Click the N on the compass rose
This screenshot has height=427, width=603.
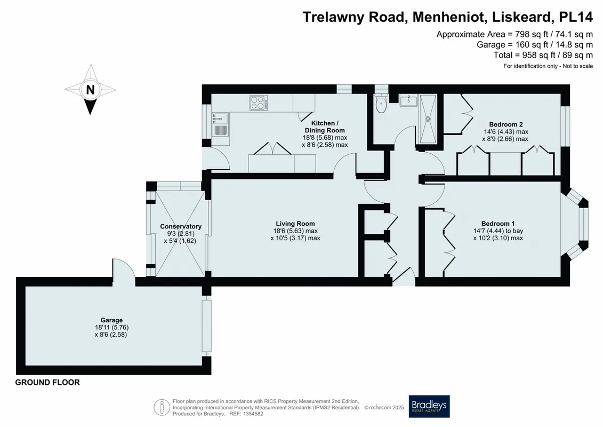[91, 90]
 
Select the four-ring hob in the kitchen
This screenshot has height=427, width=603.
[259, 103]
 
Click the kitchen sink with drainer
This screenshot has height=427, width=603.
[221, 124]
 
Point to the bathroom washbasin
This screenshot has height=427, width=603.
[408, 101]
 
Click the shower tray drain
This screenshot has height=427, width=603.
[428, 119]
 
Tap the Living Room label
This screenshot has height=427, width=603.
[295, 223]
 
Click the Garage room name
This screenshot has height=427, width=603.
[111, 320]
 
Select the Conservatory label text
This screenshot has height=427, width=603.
[181, 226]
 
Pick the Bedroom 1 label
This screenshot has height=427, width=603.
[498, 223]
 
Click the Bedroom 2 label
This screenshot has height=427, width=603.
[506, 124]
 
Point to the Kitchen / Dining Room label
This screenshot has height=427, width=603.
[325, 126]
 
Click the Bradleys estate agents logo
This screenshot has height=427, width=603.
[429, 406]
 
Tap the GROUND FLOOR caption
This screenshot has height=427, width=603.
[47, 382]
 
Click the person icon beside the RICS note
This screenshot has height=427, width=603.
[162, 407]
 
